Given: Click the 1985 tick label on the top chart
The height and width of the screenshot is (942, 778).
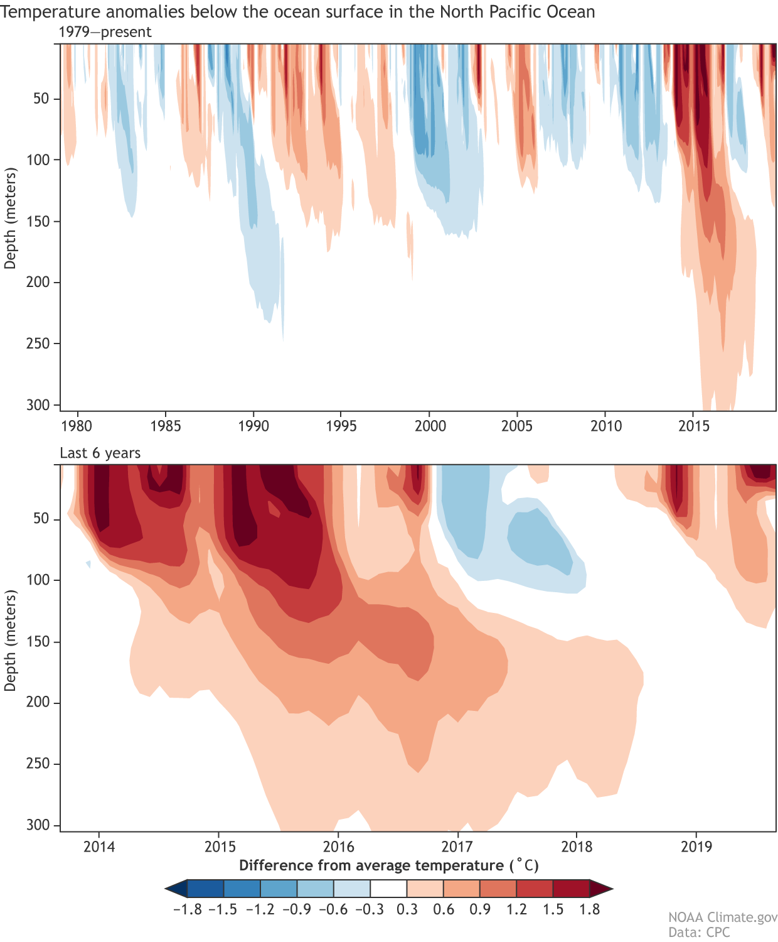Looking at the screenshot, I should tap(166, 426).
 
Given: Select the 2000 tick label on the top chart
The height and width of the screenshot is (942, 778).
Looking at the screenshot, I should tap(430, 426).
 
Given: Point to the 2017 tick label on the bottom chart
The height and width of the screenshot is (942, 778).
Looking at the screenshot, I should tap(457, 847).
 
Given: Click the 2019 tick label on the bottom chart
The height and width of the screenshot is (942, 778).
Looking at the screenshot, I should tap(696, 847).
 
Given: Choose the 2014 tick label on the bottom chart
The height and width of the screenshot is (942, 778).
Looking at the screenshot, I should tap(99, 847).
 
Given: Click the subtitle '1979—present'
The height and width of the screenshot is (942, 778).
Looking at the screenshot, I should tap(105, 32).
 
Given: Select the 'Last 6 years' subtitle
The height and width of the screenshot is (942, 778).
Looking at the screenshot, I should tap(100, 453).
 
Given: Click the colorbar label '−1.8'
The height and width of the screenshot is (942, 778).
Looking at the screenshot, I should tap(186, 909).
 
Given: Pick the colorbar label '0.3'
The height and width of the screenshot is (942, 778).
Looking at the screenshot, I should tap(407, 909).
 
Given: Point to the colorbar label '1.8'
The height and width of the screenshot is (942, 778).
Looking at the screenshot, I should tap(590, 909).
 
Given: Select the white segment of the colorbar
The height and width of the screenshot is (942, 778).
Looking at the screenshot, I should tap(389, 889).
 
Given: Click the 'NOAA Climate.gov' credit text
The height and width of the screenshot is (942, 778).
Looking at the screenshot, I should tap(722, 918).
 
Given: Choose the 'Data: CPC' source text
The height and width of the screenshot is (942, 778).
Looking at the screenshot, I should tap(699, 933).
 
